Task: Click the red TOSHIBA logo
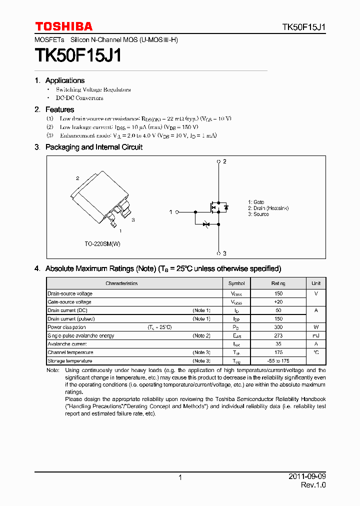point(63,26)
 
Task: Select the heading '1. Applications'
point(59,80)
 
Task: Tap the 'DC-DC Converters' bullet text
point(79,98)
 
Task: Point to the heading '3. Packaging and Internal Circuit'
point(88,147)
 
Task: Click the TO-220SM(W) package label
point(102,243)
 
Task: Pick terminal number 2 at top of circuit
point(225,161)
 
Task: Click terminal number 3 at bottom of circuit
point(225,253)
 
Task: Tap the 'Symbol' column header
point(236,283)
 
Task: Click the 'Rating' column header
point(278,283)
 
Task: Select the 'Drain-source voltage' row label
point(70,294)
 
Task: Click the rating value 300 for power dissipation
point(278,327)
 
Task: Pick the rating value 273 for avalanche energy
point(278,336)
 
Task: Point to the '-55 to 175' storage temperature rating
point(278,361)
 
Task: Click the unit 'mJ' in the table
point(316,336)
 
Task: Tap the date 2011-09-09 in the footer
point(307,476)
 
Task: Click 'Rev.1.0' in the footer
point(313,485)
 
